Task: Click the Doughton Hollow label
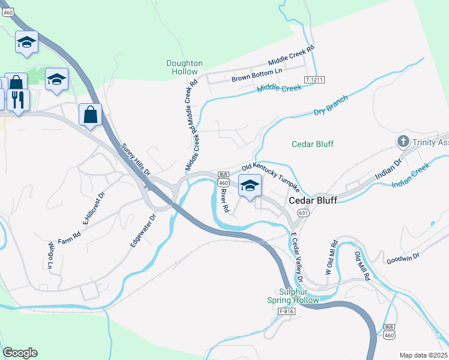pyautogui.click(x=184, y=67)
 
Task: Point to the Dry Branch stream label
pyautogui.click(x=331, y=109)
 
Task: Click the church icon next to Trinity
pyautogui.click(x=403, y=142)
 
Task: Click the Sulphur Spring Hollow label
pyautogui.click(x=294, y=295)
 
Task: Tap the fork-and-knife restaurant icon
pyautogui.click(x=17, y=99)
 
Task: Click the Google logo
pyautogui.click(x=20, y=353)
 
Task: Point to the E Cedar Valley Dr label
pyautogui.click(x=295, y=257)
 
